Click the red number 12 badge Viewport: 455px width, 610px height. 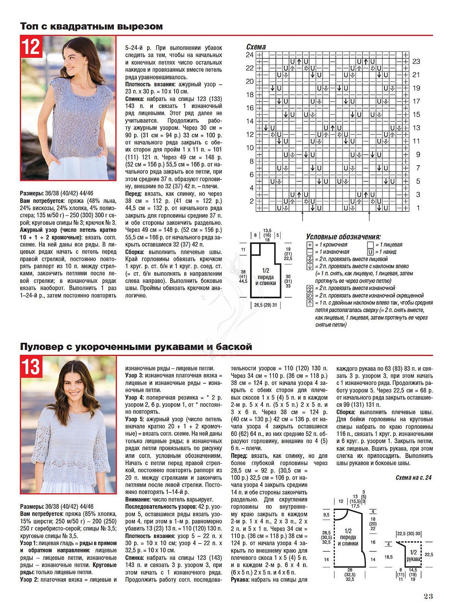[31, 47]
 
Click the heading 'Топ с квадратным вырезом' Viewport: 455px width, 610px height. [91, 26]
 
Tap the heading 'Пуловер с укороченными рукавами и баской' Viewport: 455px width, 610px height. [136, 347]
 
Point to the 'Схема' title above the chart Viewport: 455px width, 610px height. [256, 47]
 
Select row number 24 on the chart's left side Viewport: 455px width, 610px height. [249, 55]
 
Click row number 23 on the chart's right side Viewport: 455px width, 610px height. [416, 61]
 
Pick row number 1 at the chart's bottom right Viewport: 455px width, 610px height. [418, 208]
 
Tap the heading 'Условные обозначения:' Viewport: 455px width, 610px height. [343, 237]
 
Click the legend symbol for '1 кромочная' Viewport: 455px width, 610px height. [310, 245]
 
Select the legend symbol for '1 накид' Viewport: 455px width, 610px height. [370, 252]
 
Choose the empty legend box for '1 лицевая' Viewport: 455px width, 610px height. [370, 245]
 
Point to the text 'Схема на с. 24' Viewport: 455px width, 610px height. [413, 478]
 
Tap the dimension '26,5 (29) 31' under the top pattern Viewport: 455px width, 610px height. [265, 305]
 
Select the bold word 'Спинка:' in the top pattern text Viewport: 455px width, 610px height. [135, 99]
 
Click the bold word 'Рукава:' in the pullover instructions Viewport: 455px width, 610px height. [240, 580]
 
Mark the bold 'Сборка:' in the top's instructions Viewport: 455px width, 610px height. [135, 252]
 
